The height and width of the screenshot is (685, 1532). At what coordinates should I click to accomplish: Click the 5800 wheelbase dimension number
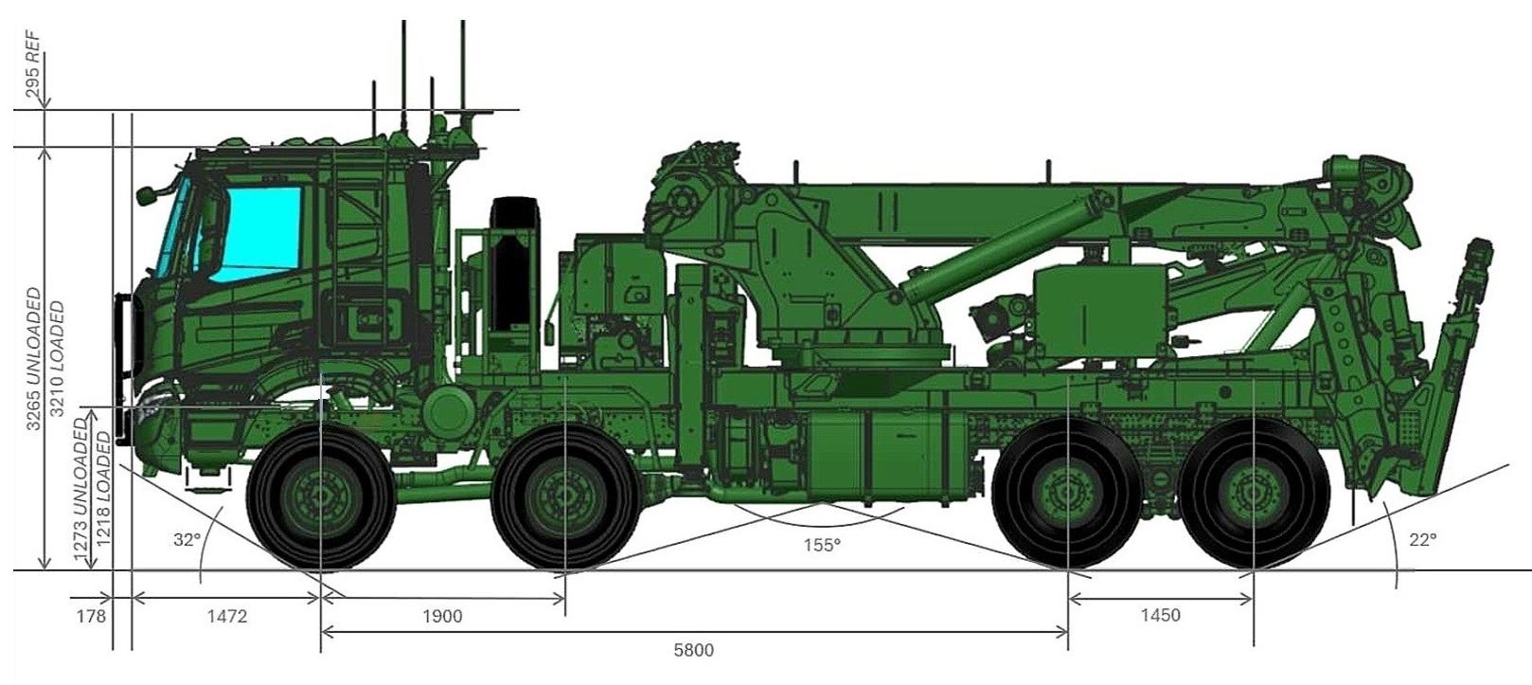click(693, 650)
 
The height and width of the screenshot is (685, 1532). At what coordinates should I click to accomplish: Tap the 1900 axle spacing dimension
click(442, 617)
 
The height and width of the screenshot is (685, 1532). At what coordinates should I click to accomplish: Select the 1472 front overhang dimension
click(227, 617)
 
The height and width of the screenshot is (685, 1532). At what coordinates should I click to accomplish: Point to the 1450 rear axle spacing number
click(1161, 615)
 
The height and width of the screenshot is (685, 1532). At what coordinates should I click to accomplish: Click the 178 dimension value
click(91, 617)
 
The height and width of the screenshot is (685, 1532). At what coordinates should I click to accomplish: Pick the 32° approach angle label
click(187, 540)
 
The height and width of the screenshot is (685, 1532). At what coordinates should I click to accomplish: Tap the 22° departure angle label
click(1422, 540)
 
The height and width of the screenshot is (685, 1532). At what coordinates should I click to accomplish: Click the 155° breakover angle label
click(822, 546)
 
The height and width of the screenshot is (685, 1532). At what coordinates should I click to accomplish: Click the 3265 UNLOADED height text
click(34, 358)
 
